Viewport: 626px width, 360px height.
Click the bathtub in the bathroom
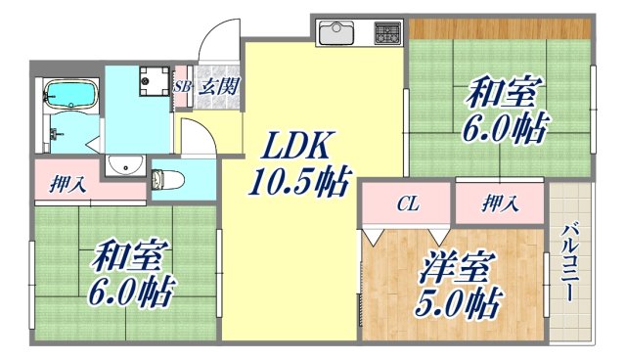[x=70, y=96]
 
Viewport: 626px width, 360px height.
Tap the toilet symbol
[x=163, y=179]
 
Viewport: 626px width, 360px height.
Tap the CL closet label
[x=409, y=204]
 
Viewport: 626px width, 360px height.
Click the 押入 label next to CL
[x=500, y=204]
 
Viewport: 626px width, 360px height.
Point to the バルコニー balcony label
[x=569, y=263]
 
